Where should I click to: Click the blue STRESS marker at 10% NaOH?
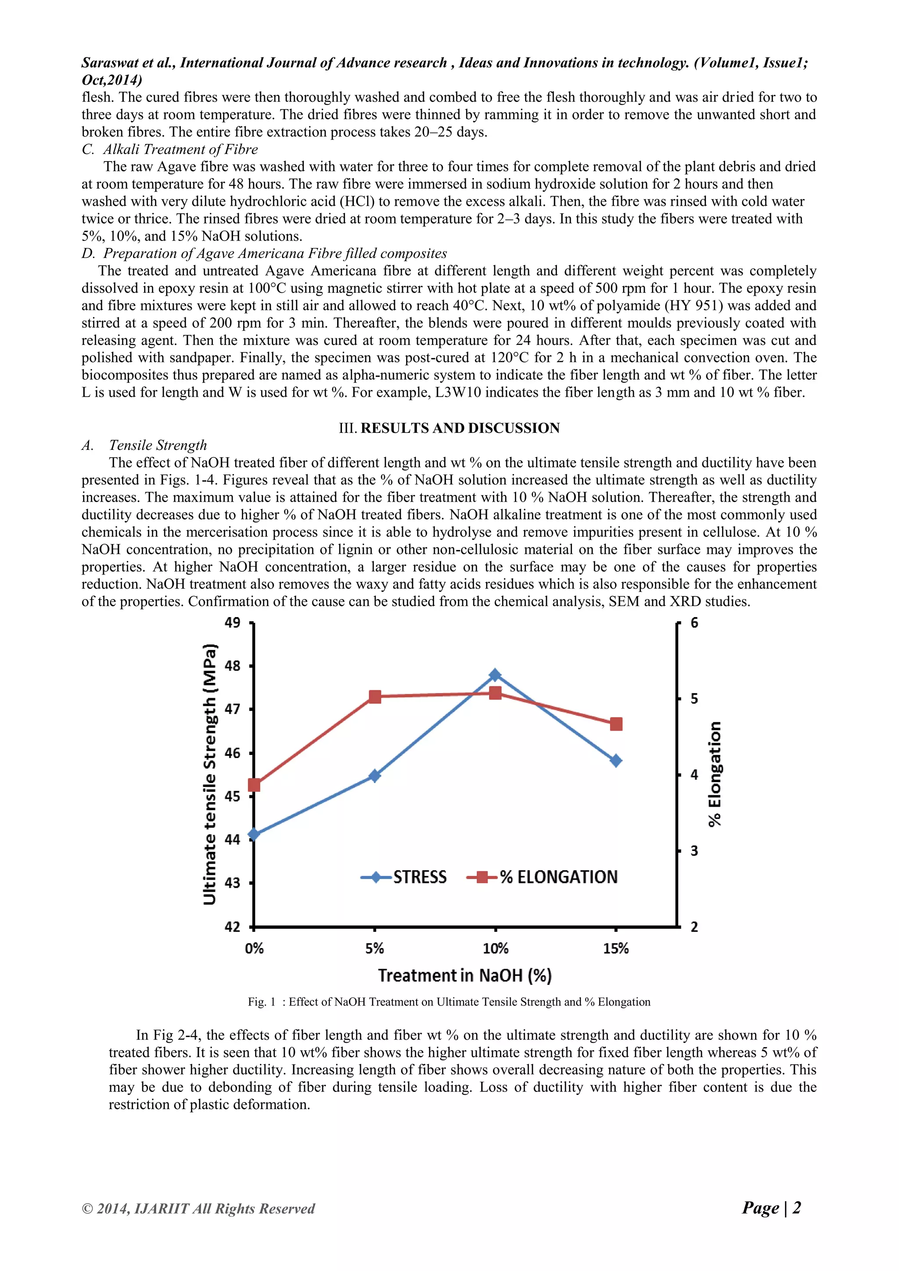495,675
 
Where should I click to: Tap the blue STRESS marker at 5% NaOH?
375,776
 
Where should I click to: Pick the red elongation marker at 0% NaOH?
254,785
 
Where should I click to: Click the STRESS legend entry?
404,877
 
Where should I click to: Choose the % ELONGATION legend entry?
543,877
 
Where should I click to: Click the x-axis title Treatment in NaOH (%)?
464,975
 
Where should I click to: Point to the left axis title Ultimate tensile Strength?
210,775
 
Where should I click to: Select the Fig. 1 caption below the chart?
449,1002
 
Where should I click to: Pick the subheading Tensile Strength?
158,445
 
